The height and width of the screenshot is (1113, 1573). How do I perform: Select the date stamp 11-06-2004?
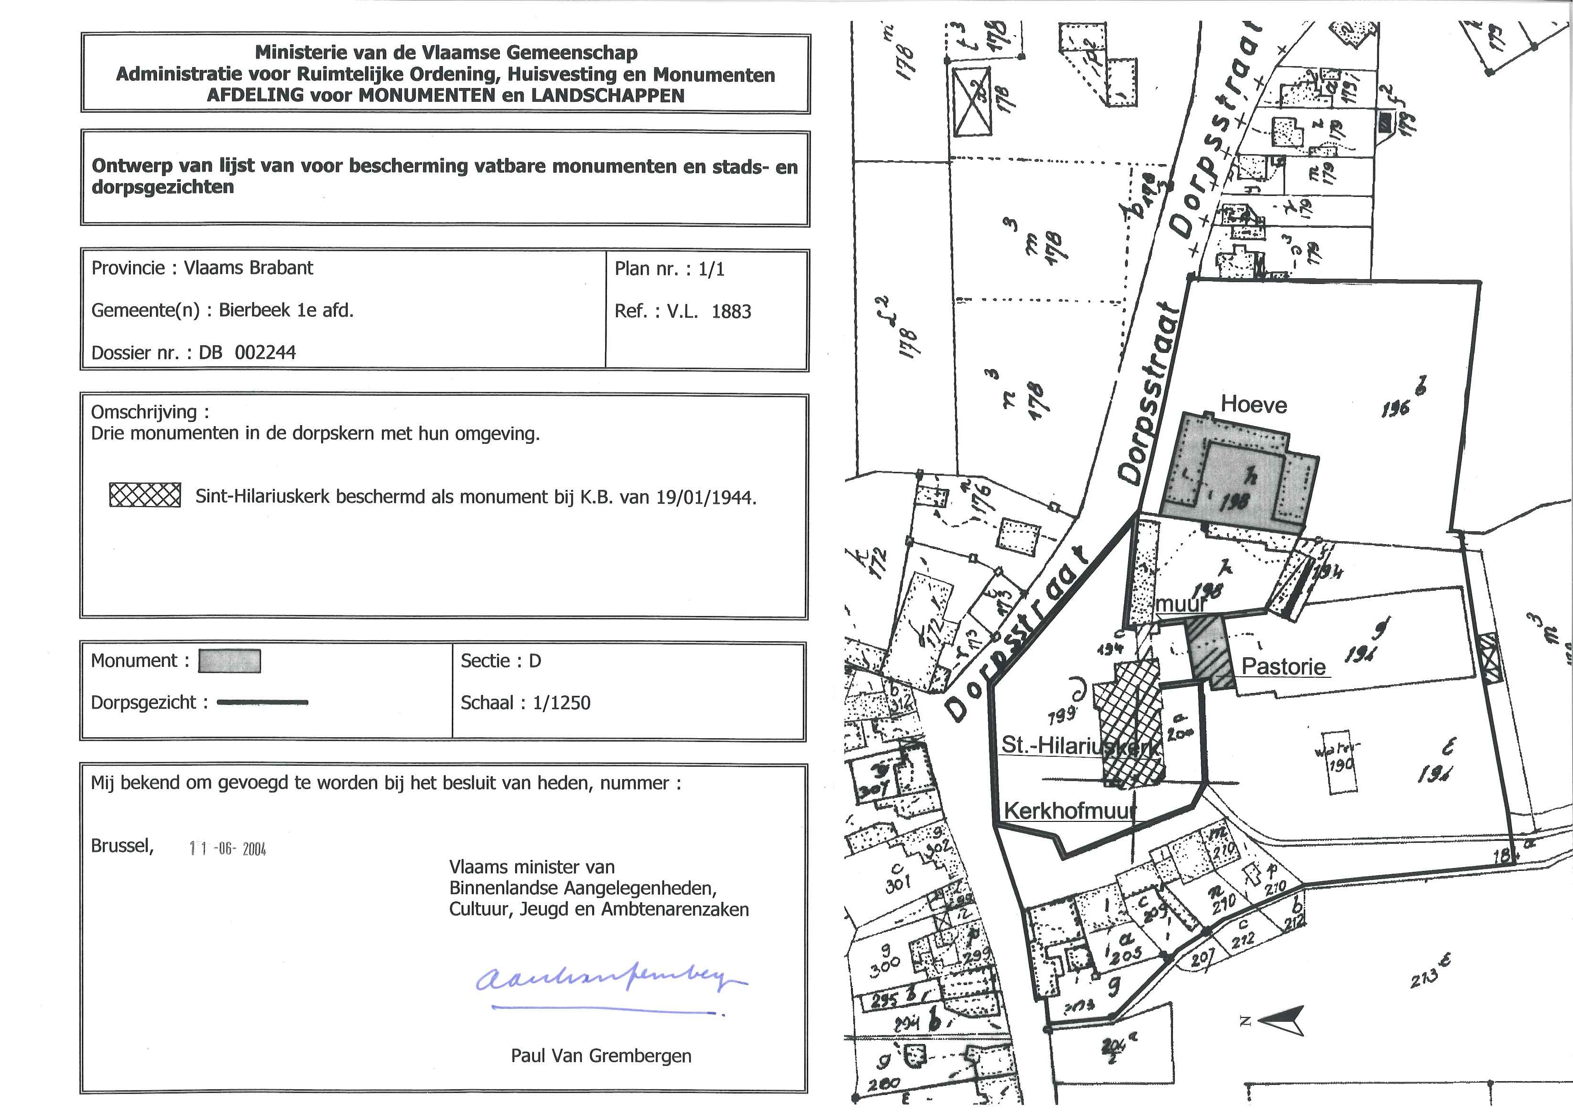[227, 849]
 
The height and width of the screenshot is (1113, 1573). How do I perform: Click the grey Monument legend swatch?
[230, 661]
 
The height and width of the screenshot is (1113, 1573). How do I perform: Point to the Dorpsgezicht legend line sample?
[263, 703]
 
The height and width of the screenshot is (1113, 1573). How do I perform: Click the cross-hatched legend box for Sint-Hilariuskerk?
[145, 495]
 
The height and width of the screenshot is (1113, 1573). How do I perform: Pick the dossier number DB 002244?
[247, 352]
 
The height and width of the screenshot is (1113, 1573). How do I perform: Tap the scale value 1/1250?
[561, 703]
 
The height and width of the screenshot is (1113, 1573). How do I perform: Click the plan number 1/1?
[712, 269]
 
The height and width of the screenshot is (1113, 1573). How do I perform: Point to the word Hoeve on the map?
[1254, 405]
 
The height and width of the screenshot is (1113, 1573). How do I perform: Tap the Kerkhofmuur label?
[1068, 811]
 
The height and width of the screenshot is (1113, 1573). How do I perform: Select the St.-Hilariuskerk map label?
[1080, 745]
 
